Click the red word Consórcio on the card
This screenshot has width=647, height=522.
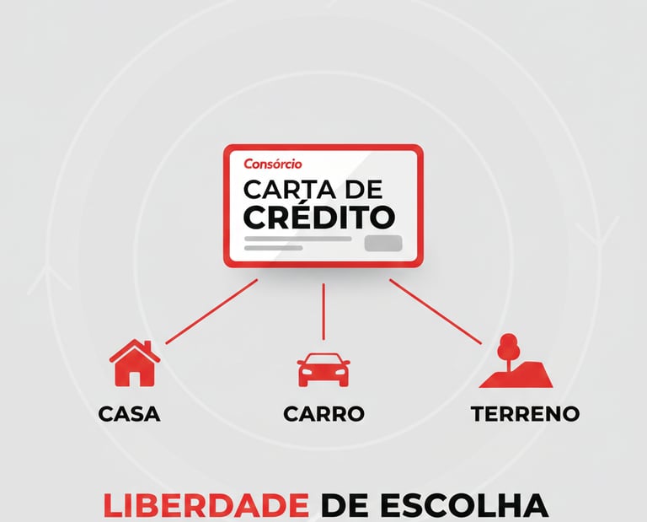[x=272, y=164]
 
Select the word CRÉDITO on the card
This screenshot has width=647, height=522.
[x=318, y=216]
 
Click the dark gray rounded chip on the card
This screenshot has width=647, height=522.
[x=383, y=244]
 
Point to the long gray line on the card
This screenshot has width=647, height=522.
[x=297, y=239]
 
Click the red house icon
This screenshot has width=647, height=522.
[x=134, y=363]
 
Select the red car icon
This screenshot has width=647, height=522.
[x=323, y=369]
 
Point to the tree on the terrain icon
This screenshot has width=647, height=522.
[x=507, y=346]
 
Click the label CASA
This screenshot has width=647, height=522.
[x=129, y=414]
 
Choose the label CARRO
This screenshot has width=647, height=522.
[x=323, y=414]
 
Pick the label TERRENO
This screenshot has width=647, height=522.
[x=525, y=414]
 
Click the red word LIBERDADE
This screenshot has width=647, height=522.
[x=206, y=506]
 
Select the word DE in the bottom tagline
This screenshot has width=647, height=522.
[x=344, y=506]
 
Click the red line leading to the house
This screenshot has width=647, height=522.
[x=211, y=312]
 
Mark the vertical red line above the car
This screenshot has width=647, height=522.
[x=323, y=312]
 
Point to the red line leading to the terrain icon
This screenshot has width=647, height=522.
[x=435, y=312]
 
